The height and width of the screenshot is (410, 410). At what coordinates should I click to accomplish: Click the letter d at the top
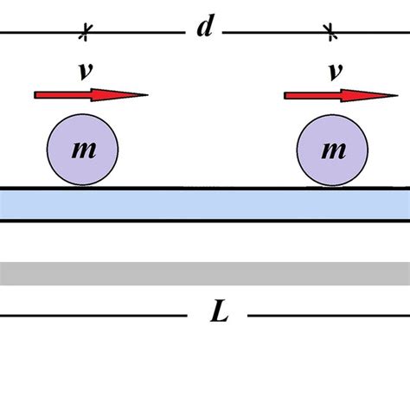[x=205, y=28]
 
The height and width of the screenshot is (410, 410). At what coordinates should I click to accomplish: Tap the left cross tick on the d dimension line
[x=85, y=34]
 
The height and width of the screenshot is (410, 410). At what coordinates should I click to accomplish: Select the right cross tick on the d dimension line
[x=329, y=34]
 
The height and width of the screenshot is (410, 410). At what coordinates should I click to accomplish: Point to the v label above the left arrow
[x=85, y=71]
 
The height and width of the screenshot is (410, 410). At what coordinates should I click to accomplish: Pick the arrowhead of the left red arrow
[x=138, y=94]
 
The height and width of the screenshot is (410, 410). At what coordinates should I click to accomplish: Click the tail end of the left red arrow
[x=37, y=94]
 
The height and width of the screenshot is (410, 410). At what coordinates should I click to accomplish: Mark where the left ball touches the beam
[x=82, y=187]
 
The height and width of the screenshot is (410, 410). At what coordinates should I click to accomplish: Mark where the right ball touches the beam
[x=332, y=187]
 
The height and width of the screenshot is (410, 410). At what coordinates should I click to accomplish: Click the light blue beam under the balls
[x=205, y=204]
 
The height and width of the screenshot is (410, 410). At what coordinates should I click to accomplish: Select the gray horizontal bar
[x=205, y=273]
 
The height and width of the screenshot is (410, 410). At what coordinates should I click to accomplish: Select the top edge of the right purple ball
[x=332, y=115]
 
